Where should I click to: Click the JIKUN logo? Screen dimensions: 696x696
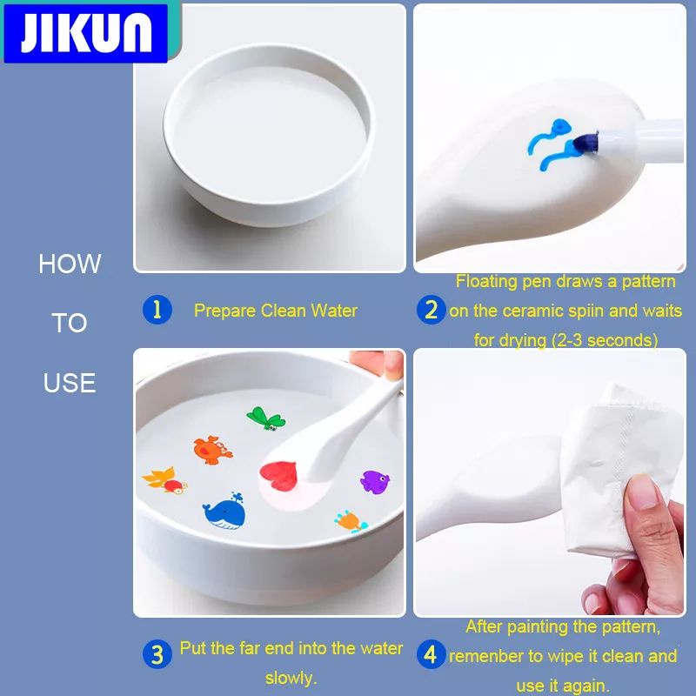85,32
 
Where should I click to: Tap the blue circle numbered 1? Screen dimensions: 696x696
157,310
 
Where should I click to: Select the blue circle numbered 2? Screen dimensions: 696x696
431,310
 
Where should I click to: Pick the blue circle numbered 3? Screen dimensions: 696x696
157,654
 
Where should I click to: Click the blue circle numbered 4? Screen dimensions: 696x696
431,654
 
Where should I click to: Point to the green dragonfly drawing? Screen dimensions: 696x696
266,418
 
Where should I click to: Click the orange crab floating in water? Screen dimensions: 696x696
212,450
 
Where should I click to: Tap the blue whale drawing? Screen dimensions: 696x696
224,512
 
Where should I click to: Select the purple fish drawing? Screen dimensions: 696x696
375,482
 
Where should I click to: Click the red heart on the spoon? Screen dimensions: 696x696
278,476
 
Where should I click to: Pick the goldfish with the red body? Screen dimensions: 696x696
165,481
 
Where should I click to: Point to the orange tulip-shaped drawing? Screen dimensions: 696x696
351,521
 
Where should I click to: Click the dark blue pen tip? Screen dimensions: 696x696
585,143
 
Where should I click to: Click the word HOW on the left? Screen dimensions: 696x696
70,264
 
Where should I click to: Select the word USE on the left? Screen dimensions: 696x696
70,383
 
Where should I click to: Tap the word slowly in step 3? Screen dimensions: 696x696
291,678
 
